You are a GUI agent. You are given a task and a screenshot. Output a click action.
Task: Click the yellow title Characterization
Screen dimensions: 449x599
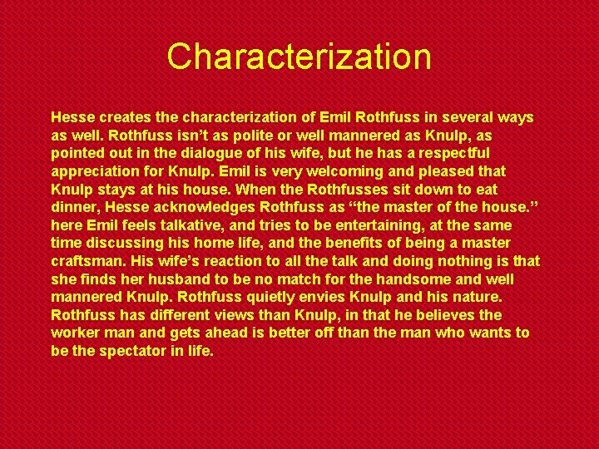[x=299, y=57]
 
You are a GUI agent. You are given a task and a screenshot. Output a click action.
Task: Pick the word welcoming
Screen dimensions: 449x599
[x=327, y=172]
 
